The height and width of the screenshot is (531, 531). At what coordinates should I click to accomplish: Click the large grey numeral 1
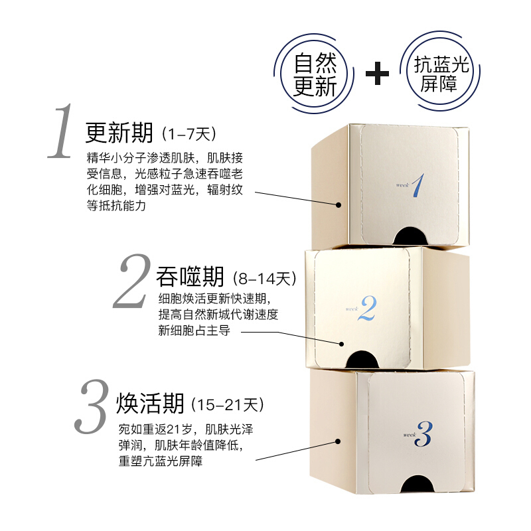point(61,131)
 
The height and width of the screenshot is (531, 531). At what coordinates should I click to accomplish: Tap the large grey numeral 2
point(132,281)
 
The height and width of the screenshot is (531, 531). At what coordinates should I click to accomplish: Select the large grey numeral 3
point(92,406)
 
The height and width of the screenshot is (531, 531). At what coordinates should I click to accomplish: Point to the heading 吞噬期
point(190,276)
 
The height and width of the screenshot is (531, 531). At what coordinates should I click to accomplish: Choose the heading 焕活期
point(150,403)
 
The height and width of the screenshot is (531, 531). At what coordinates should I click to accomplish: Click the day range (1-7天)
point(189,135)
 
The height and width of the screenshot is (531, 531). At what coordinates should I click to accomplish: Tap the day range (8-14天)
point(265,279)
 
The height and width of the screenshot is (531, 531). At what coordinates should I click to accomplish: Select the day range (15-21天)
point(228,405)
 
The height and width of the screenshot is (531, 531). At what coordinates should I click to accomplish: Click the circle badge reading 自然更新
point(314,74)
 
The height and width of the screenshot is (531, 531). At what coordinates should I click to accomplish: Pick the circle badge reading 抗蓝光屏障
point(441,72)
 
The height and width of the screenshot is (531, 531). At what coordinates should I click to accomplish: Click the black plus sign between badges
point(377,73)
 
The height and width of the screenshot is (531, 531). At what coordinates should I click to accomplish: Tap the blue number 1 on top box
point(418,185)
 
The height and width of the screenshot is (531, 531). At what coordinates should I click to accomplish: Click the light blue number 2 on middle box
point(368,308)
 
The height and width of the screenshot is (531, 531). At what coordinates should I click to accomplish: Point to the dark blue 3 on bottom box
point(423,434)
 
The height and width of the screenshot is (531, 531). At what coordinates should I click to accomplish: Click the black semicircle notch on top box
point(410,236)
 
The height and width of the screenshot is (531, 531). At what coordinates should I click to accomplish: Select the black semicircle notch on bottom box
point(417,484)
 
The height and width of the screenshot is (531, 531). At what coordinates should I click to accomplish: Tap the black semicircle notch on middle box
point(362,359)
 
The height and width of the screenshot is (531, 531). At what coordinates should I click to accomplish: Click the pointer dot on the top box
point(339,205)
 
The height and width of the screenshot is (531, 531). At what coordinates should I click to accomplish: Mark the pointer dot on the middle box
point(341,344)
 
